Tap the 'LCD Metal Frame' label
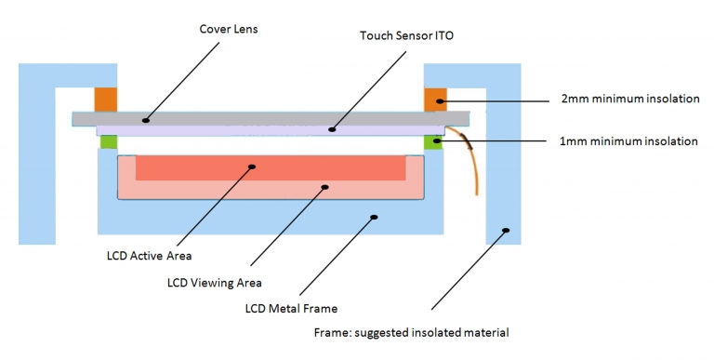(278, 308)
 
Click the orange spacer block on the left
(103, 98)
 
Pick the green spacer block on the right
(433, 142)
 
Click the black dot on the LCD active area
(252, 168)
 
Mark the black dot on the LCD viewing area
(324, 187)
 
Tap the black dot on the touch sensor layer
(333, 131)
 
